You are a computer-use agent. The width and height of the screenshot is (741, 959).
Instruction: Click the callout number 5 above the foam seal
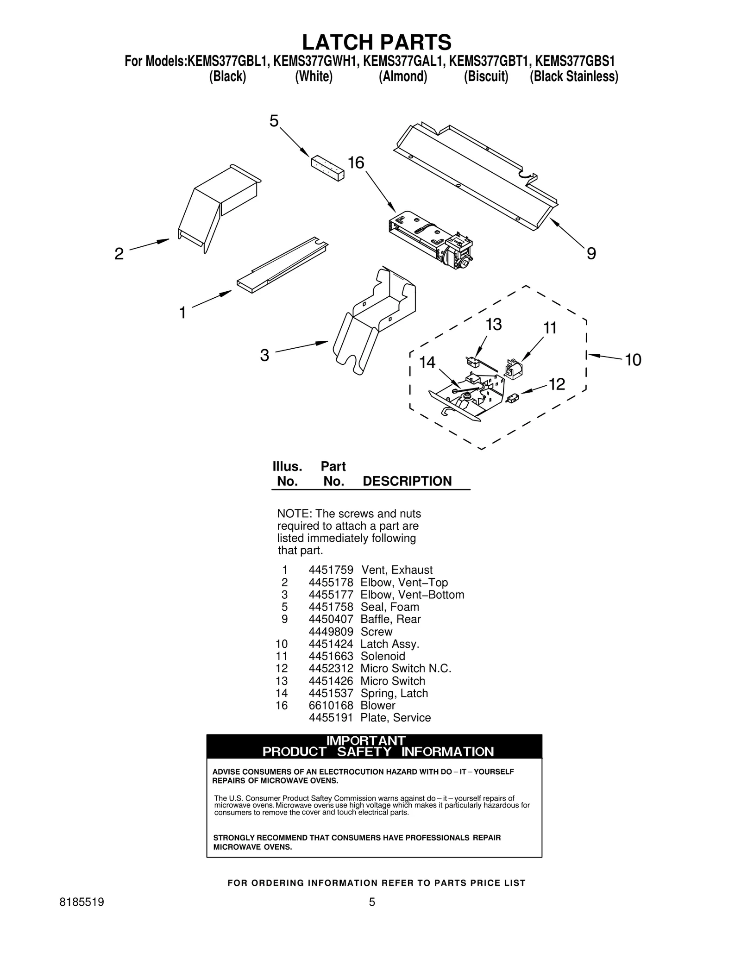tap(274, 121)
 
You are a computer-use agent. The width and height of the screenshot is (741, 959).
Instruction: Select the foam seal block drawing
tap(327, 169)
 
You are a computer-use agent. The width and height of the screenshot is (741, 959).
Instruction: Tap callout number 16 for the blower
tap(356, 163)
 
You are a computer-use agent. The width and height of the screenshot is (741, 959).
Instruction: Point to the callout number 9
tap(591, 254)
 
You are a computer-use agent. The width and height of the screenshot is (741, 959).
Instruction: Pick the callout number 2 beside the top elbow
tap(119, 254)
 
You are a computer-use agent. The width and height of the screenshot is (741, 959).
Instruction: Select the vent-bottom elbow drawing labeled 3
tap(373, 320)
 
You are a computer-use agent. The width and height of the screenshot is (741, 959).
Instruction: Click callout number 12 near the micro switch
tap(557, 384)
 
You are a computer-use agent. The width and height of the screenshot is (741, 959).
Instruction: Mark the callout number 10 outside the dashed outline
tap(633, 360)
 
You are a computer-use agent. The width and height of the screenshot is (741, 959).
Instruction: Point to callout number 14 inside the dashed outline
tap(427, 363)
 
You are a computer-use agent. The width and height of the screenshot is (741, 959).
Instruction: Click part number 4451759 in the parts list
tap(331, 570)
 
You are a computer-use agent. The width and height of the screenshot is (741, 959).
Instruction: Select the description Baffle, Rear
tap(390, 619)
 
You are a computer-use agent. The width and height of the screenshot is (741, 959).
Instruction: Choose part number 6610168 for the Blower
tap(331, 705)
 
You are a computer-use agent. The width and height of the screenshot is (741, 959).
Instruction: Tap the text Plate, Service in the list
tap(396, 718)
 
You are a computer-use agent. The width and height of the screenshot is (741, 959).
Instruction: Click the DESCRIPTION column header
tap(407, 481)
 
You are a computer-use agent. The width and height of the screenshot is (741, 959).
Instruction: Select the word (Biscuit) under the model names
tap(486, 76)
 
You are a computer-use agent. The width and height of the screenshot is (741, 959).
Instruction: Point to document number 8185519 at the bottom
tap(82, 902)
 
